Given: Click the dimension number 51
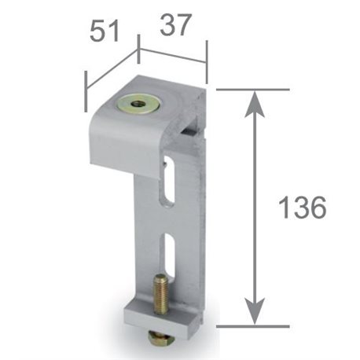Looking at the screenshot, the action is pyautogui.click(x=105, y=31).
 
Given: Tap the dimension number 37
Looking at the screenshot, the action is pyautogui.click(x=174, y=25).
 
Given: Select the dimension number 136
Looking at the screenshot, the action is pyautogui.click(x=303, y=207).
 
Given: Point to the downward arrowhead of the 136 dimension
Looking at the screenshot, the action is pyautogui.click(x=255, y=312).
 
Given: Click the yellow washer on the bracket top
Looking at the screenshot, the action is pyautogui.click(x=138, y=105).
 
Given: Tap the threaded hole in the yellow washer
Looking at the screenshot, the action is pyautogui.click(x=138, y=105).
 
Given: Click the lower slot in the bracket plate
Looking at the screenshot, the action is pyautogui.click(x=169, y=257).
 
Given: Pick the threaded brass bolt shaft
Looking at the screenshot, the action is pyautogui.click(x=161, y=294).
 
